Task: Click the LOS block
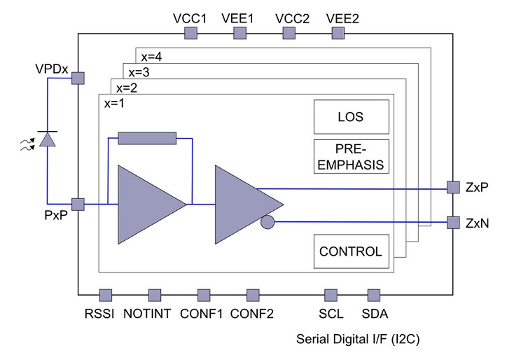(x=350, y=117)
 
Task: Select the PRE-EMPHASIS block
(x=350, y=157)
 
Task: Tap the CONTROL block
(x=350, y=251)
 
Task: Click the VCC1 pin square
(x=190, y=34)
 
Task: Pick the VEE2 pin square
(x=343, y=34)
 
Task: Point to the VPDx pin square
(x=78, y=78)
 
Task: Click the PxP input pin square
(x=78, y=205)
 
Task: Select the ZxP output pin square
(x=452, y=188)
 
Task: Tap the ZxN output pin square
(x=452, y=223)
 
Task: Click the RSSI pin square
(x=106, y=294)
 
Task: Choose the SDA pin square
(x=373, y=294)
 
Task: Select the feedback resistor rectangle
(x=147, y=139)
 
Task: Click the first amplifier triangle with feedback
(x=147, y=204)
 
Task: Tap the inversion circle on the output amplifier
(x=266, y=223)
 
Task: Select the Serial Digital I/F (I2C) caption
(x=358, y=339)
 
